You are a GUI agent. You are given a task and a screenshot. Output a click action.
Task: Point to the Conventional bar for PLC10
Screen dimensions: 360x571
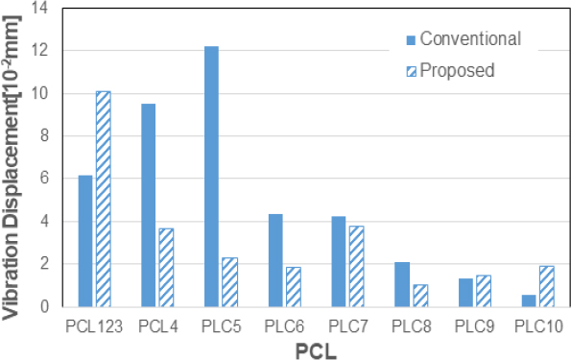click(x=529, y=300)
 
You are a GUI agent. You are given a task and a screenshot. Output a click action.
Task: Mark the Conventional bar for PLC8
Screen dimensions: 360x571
click(x=402, y=284)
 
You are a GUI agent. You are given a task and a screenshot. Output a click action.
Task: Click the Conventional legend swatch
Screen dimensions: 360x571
click(x=411, y=39)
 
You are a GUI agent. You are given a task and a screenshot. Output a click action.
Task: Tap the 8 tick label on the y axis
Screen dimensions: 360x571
click(x=42, y=136)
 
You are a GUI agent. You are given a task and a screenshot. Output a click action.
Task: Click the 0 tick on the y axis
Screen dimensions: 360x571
click(x=42, y=306)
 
